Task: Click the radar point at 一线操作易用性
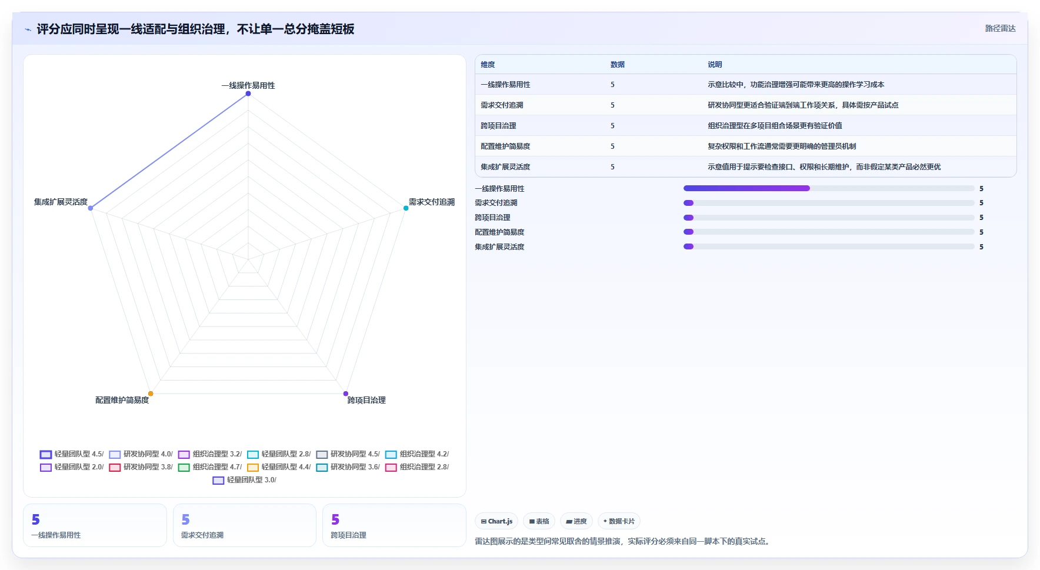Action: [x=248, y=94]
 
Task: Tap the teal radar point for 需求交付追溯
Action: [x=406, y=208]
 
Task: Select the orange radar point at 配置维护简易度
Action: [x=151, y=394]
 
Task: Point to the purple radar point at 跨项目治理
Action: [x=346, y=394]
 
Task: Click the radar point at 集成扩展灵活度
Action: [x=91, y=208]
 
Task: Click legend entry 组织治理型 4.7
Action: [x=210, y=467]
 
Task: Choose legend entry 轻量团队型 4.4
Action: [x=279, y=467]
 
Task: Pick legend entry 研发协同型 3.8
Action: [x=141, y=467]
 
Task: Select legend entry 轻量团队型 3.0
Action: [x=245, y=480]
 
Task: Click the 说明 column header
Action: [x=715, y=65]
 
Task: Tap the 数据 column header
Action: [x=618, y=65]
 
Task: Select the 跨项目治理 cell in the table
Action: [x=498, y=126]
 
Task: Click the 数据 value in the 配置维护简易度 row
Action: [x=612, y=146]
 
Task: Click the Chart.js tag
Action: [x=497, y=521]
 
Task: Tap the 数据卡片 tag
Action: [x=619, y=521]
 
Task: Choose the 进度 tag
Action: [x=576, y=521]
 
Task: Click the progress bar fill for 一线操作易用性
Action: [x=746, y=188]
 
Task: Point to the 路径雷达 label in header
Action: [x=1000, y=28]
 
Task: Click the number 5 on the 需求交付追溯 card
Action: [x=186, y=519]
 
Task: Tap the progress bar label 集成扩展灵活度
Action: [x=499, y=247]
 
